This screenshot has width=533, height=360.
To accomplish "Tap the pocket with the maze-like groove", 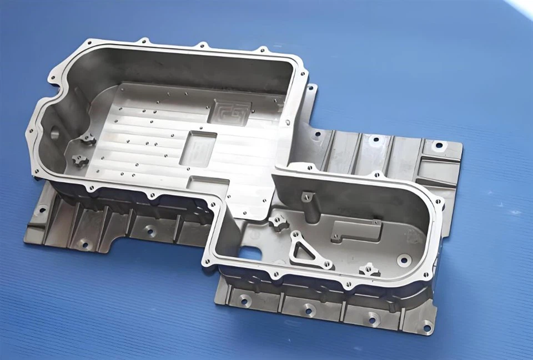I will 229,113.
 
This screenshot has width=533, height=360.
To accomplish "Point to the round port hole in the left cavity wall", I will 55,133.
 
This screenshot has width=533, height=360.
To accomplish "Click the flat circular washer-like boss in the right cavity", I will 404,259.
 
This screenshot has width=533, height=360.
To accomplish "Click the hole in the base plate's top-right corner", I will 439,146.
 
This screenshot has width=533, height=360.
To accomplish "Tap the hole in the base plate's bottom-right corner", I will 426,328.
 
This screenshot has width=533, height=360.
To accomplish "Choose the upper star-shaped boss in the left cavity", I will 87,141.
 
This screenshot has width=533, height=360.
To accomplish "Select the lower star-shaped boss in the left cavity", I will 79,161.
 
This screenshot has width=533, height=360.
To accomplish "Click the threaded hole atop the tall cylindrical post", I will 306,195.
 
